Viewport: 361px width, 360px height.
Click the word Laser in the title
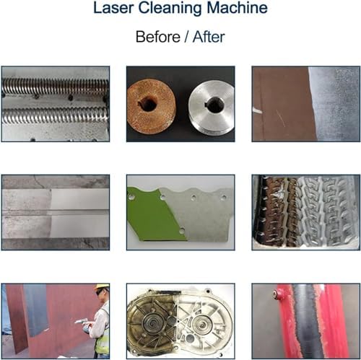tap(113, 8)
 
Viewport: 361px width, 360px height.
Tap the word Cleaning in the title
tap(170, 9)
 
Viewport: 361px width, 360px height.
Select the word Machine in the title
tap(237, 8)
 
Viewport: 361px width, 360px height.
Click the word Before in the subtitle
tap(158, 37)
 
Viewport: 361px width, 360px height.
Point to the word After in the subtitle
tap(209, 37)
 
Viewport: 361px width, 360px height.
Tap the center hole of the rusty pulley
tap(148, 104)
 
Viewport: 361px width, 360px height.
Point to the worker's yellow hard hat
tap(103, 286)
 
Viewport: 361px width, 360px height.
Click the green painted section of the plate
tap(155, 215)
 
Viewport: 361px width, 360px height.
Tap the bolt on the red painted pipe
tap(276, 294)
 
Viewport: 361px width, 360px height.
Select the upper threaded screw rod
tap(55, 87)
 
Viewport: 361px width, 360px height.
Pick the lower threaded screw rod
tap(55, 115)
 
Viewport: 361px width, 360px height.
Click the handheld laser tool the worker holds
tap(82, 322)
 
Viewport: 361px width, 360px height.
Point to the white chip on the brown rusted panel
tap(257, 110)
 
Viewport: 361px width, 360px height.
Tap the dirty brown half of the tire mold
tap(276, 211)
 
